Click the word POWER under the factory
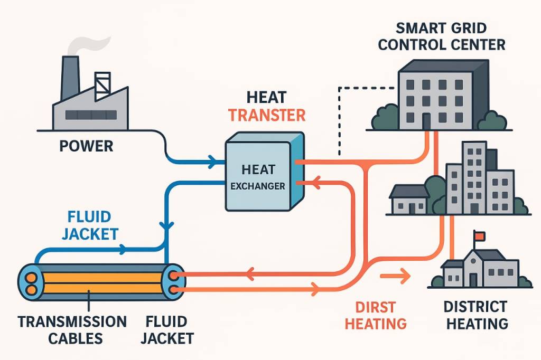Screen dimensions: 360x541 [x=86, y=146]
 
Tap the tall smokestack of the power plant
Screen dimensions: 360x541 [x=70, y=79]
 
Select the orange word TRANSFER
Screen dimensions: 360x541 [x=267, y=115]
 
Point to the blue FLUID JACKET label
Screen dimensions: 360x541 [x=89, y=225]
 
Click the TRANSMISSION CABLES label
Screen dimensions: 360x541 [x=72, y=330]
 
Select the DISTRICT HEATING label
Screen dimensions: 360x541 [x=475, y=315]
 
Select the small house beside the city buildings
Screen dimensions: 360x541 [x=408, y=199]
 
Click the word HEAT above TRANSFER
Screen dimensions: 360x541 [x=266, y=97]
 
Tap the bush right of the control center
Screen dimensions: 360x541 [x=495, y=121]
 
